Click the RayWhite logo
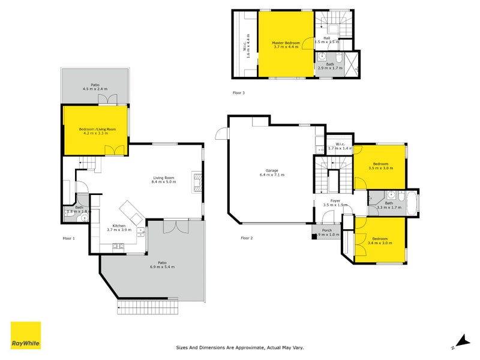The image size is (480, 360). pyautogui.click(x=26, y=335)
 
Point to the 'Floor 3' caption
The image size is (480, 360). pyautogui.click(x=239, y=93)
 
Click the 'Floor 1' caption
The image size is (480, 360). pyautogui.click(x=69, y=238)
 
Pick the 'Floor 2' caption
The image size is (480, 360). pyautogui.click(x=247, y=238)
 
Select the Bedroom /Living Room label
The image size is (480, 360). pyautogui.click(x=97, y=131)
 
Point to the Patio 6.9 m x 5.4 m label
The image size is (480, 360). pyautogui.click(x=162, y=264)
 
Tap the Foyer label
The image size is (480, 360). pyautogui.click(x=335, y=203)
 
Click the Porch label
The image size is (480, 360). pyautogui.click(x=326, y=232)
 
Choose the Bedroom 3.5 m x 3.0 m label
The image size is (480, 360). pyautogui.click(x=382, y=166)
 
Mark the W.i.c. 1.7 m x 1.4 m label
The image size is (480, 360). pyautogui.click(x=339, y=146)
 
